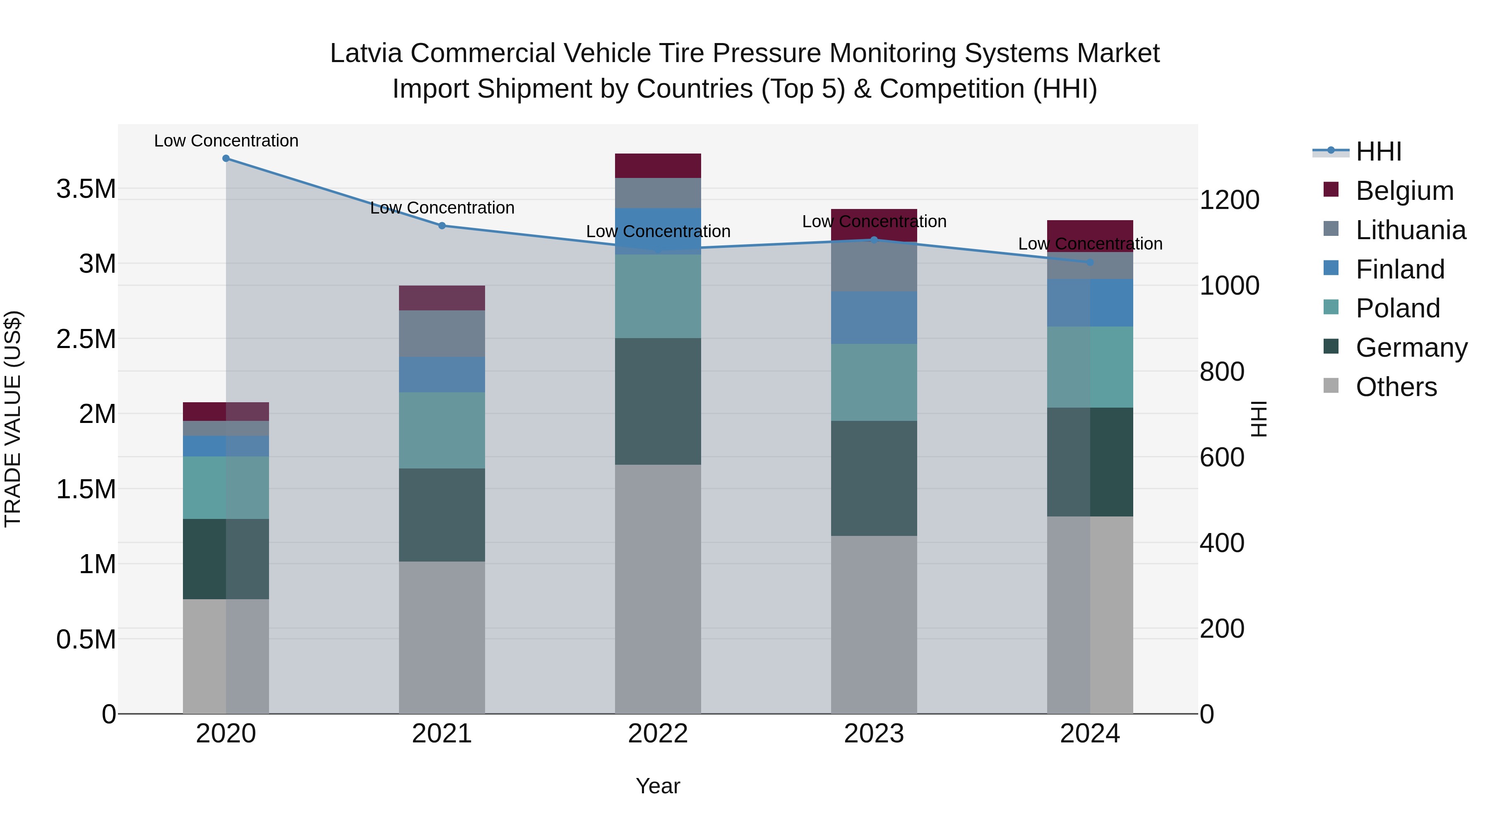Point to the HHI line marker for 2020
point(226,158)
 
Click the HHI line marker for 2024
point(1090,262)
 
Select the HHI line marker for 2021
point(442,226)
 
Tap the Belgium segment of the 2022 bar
point(658,166)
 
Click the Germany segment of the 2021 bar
point(442,515)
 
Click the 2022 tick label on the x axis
point(658,734)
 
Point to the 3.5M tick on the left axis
point(86,189)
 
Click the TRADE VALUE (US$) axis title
point(13,419)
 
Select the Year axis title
point(658,786)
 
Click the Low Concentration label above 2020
point(226,141)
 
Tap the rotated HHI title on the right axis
point(1259,419)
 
